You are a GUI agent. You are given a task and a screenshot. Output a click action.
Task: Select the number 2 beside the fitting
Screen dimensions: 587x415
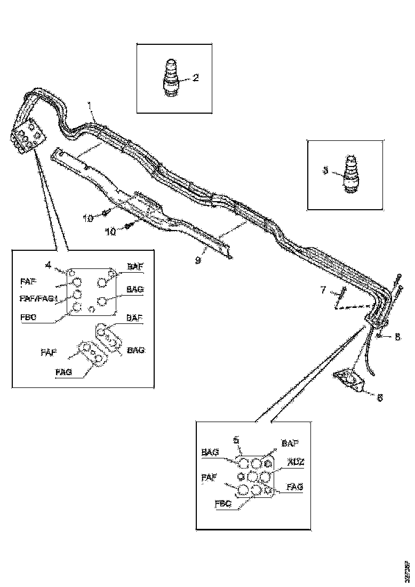coord(195,78)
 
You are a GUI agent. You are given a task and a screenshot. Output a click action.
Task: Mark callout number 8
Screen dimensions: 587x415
coord(397,337)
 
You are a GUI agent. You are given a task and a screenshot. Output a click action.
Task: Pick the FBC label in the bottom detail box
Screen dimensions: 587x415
coord(222,503)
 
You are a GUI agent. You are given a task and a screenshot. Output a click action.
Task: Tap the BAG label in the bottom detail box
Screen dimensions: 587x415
coord(210,452)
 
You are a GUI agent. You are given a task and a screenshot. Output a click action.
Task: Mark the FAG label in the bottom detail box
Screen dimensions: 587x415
coord(295,487)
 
